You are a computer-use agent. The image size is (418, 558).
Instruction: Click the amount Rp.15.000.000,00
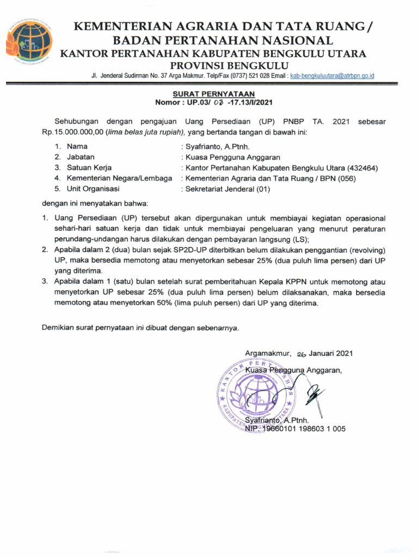coord(72,132)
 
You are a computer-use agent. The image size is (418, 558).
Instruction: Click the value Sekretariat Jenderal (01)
coord(227,189)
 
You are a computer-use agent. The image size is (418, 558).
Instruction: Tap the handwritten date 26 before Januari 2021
coord(299,353)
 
